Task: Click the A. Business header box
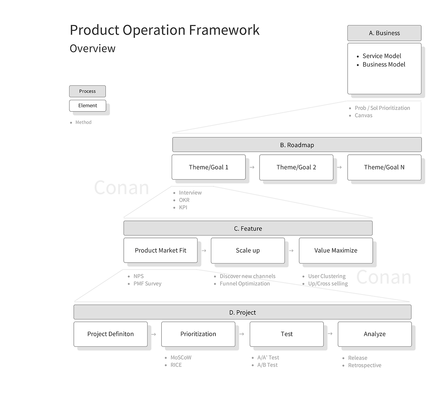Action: (384, 33)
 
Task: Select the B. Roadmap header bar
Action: (297, 145)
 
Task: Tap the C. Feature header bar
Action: (248, 228)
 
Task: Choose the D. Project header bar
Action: (242, 312)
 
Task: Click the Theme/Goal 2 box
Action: (296, 167)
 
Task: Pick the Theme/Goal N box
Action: (384, 167)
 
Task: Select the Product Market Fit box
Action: (161, 250)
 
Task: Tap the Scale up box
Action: (248, 250)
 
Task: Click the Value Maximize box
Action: (336, 250)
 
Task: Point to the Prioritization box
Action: (198, 334)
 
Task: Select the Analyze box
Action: (375, 334)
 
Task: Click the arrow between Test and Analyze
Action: (330, 334)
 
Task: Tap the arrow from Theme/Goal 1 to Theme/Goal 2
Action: (252, 167)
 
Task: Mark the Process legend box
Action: (87, 91)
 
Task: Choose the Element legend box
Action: (87, 106)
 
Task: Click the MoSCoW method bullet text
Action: (181, 357)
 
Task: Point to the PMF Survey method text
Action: (147, 284)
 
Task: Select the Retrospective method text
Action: (365, 365)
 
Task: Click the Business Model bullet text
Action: (384, 64)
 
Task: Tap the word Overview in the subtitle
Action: (93, 49)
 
